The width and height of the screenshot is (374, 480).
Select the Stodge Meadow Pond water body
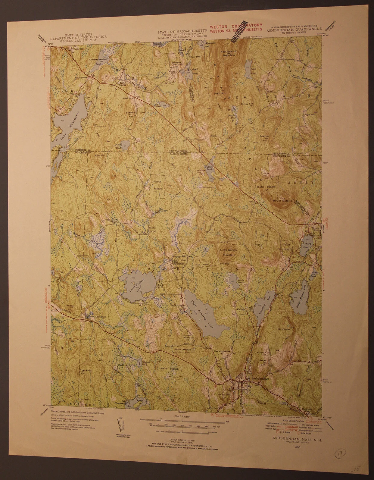pos(298,295)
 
